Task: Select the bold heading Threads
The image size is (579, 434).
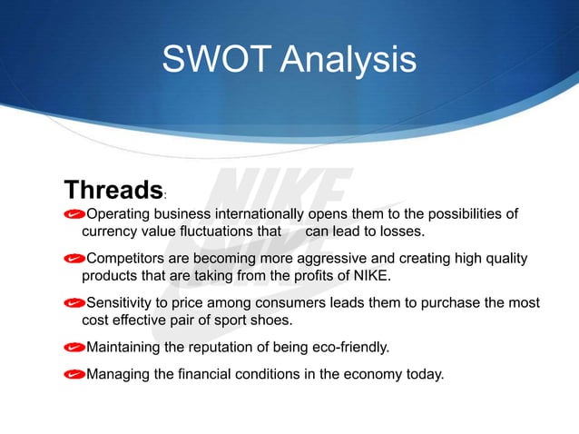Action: click(x=113, y=191)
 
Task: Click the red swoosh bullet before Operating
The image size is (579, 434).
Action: click(x=74, y=215)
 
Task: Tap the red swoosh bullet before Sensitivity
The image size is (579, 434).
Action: click(x=74, y=302)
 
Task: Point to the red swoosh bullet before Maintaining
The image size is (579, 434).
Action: click(x=74, y=347)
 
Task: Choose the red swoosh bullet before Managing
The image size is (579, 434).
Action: click(x=74, y=371)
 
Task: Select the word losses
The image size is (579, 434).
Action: click(x=399, y=232)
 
